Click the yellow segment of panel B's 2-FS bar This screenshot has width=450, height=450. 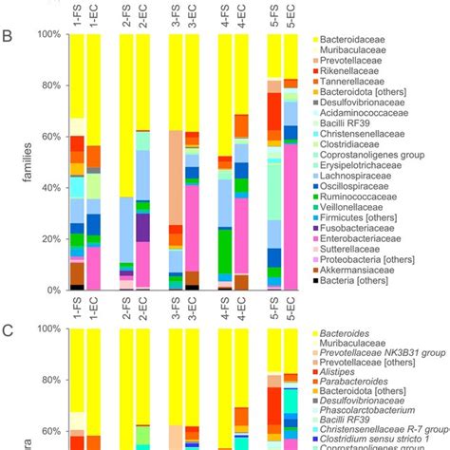(x=126, y=114)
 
